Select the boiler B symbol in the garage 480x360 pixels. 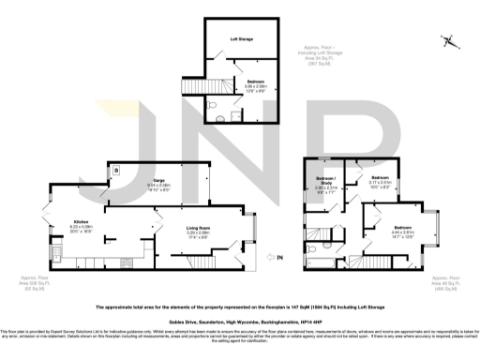[x=116, y=171]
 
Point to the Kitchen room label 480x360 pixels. [x=81, y=222]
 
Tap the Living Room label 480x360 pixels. [x=196, y=228]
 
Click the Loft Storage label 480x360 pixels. [x=243, y=38]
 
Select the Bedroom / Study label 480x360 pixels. [x=325, y=178]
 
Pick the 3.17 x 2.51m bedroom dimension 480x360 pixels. [x=380, y=182]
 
